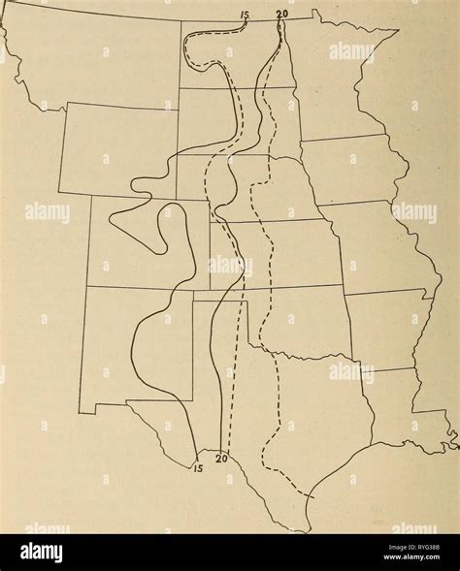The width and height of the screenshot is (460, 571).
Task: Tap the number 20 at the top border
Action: pyautogui.click(x=281, y=13)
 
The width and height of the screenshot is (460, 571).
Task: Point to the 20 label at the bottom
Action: pyautogui.click(x=221, y=460)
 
